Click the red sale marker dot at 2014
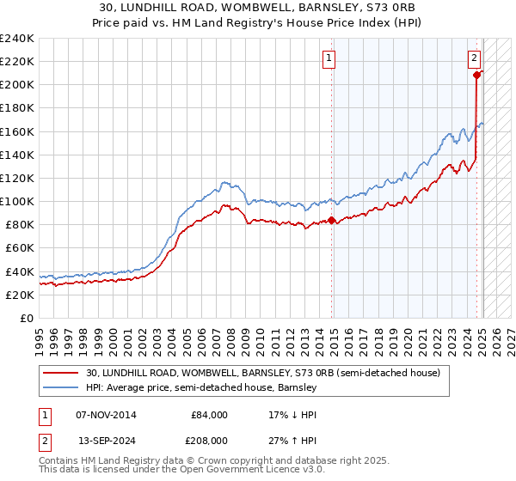pos(332,220)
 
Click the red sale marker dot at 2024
pos(476,76)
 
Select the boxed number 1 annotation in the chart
pos(329,58)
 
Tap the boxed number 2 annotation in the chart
pos(474,58)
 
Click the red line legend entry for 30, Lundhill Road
pos(263,373)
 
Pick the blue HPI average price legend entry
pos(202,387)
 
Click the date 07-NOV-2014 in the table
pos(106,414)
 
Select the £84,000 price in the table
pos(209,414)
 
